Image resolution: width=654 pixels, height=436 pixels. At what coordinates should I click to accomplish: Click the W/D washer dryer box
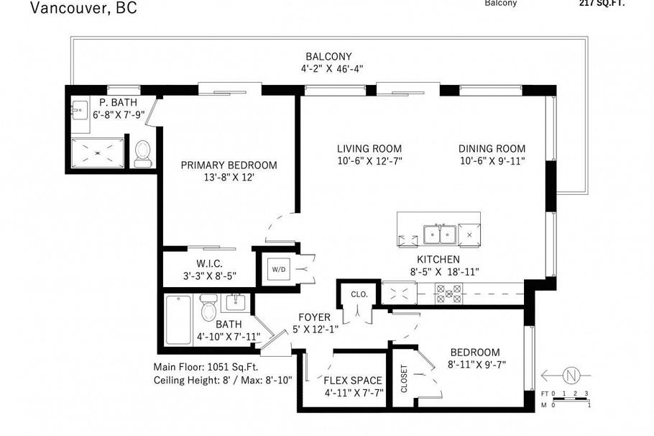(x=277, y=270)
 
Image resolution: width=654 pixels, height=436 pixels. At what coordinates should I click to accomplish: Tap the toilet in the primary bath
(x=143, y=153)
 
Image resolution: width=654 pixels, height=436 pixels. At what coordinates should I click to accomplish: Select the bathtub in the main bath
(x=178, y=320)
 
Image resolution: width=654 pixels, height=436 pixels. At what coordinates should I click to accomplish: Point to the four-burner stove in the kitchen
(x=449, y=292)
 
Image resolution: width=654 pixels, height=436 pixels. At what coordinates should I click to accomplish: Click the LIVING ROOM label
(x=369, y=149)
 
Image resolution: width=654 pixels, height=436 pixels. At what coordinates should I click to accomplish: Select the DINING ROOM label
(x=492, y=149)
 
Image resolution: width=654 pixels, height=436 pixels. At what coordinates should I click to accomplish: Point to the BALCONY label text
(x=328, y=57)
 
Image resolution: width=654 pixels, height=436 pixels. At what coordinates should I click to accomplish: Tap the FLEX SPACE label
(x=353, y=381)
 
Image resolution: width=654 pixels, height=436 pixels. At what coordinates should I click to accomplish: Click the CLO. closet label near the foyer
(x=359, y=294)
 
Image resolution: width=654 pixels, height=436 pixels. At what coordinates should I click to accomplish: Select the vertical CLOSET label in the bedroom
(x=403, y=379)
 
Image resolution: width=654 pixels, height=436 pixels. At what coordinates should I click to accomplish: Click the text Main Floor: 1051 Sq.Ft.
(x=205, y=366)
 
